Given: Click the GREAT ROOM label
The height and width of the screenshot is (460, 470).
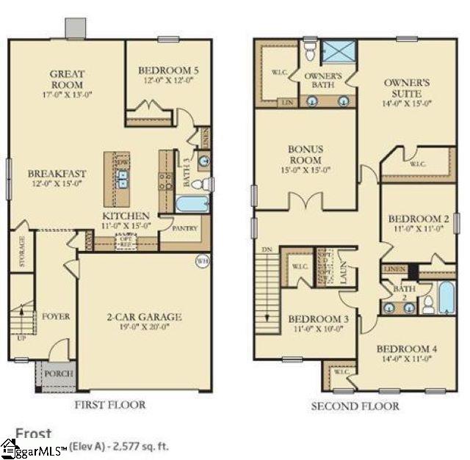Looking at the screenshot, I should pyautogui.click(x=67, y=79).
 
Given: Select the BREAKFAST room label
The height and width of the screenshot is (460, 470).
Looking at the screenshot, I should pyautogui.click(x=57, y=174).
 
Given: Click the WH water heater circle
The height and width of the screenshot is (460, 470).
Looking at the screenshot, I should pyautogui.click(x=202, y=260).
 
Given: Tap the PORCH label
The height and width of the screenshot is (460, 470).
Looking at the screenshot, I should pyautogui.click(x=58, y=373).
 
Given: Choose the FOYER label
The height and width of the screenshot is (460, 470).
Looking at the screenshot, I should pyautogui.click(x=55, y=316).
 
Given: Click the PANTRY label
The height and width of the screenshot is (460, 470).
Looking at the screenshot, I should pyautogui.click(x=186, y=228).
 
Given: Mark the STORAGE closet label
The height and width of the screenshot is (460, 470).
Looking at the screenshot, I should pyautogui.click(x=21, y=252).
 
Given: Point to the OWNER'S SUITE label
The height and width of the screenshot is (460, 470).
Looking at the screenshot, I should pyautogui.click(x=408, y=88).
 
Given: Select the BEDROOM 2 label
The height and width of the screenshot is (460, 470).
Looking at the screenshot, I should pyautogui.click(x=408, y=219).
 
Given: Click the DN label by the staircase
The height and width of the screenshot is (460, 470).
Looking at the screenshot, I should pyautogui.click(x=267, y=250).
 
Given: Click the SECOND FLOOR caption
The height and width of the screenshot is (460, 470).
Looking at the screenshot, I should pyautogui.click(x=355, y=406).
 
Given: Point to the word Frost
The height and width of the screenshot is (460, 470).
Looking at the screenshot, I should pyautogui.click(x=34, y=434).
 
